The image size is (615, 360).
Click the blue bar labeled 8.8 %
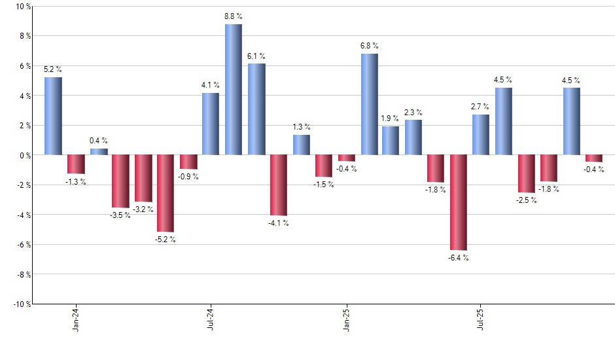pos(234,90)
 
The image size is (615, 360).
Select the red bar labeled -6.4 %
pos(459,202)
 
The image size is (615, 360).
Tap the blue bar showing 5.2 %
pos(53,116)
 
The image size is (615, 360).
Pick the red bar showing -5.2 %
pos(166,193)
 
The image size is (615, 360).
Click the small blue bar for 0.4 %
pos(99,152)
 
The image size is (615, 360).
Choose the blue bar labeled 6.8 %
pos(369,104)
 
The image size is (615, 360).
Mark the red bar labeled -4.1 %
pos(279,185)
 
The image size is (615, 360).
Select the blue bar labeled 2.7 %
pos(481,135)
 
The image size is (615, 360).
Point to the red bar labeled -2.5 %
pos(526,173)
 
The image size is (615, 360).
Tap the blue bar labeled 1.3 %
pos(301,145)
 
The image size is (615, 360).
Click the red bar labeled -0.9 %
pos(188,162)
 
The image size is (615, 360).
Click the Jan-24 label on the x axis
pos(76,319)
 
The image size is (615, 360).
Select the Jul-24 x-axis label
pos(211,319)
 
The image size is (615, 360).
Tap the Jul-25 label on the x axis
pos(481,319)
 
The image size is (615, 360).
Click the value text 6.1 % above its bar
pos(256,56)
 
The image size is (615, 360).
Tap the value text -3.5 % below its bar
pos(120,215)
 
